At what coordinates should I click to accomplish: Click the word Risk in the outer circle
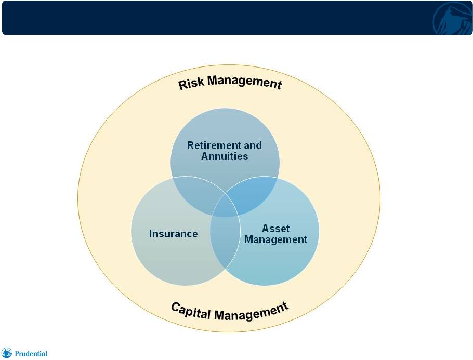pyautogui.click(x=191, y=84)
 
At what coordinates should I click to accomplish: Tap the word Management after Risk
pyautogui.click(x=245, y=82)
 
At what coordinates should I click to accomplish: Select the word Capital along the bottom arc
pyautogui.click(x=191, y=311)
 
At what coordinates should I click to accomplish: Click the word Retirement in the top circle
pyautogui.click(x=214, y=145)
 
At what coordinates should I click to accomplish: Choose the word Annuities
pyautogui.click(x=225, y=156)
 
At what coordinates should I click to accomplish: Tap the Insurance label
pyautogui.click(x=174, y=234)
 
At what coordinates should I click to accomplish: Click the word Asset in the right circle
pyautogui.click(x=275, y=228)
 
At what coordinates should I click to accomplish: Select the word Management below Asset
pyautogui.click(x=275, y=239)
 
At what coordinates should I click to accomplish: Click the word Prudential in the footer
pyautogui.click(x=31, y=353)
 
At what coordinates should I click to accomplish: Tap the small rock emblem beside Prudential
pyautogui.click(x=6, y=353)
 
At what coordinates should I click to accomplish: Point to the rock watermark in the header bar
pyautogui.click(x=453, y=19)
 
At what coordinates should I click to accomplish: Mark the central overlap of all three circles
pyautogui.click(x=225, y=205)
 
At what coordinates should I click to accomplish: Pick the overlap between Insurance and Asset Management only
pyautogui.click(x=225, y=241)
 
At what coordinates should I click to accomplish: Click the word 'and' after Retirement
pyautogui.click(x=253, y=145)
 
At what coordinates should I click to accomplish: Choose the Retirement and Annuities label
pyautogui.click(x=225, y=151)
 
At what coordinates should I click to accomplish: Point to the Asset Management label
pyautogui.click(x=275, y=234)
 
